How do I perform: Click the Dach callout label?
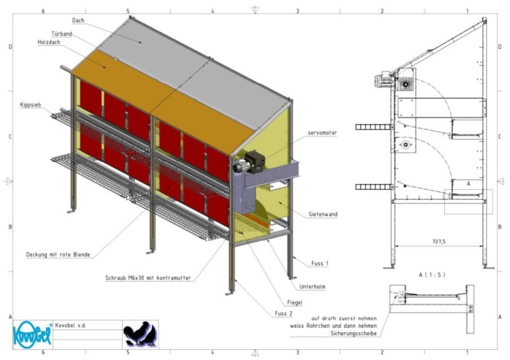[x=78, y=21]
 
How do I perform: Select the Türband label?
[x=62, y=34]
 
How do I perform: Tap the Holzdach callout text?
[x=49, y=42]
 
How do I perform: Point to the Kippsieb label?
[x=30, y=105]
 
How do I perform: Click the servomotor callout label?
[x=322, y=133]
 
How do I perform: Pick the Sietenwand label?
[x=323, y=214]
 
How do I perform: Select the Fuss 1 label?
[x=320, y=263]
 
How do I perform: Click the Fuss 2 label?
[x=283, y=313]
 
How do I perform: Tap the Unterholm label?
[x=312, y=287]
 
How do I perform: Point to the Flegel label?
[x=295, y=303]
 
